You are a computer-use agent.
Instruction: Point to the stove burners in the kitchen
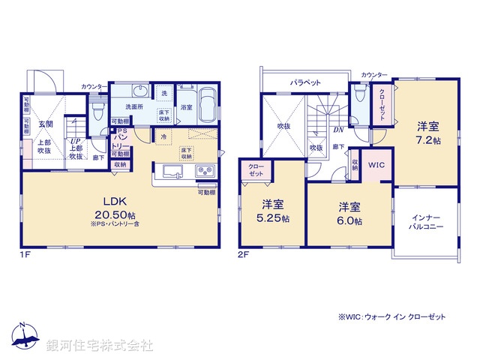point(205,173)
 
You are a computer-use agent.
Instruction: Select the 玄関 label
point(46,124)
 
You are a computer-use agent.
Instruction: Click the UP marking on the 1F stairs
point(75,140)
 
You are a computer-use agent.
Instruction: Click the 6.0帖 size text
point(350,222)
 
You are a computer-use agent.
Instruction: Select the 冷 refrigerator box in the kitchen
point(164,137)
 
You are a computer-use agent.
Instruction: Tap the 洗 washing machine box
point(164,93)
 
